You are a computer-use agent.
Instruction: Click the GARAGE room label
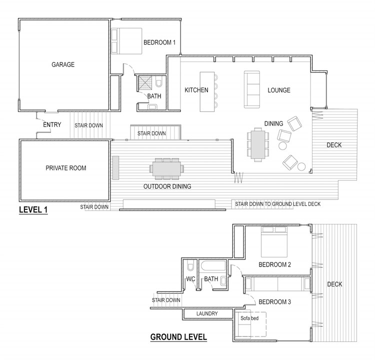tap(63, 64)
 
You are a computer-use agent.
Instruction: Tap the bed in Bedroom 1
tap(126, 41)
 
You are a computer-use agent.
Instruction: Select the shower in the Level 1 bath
tap(145, 83)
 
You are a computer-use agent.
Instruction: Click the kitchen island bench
tap(207, 92)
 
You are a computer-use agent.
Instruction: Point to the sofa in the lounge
tap(252, 89)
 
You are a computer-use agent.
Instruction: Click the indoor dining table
tap(258, 144)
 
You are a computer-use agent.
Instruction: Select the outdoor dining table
tap(166, 169)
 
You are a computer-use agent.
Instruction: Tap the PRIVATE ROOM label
tap(66, 168)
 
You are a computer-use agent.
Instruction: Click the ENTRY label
tap(52, 124)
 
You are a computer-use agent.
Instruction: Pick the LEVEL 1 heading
tap(33, 210)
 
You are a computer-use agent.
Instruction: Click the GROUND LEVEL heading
tap(178, 337)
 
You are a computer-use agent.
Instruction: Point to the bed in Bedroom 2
tap(274, 242)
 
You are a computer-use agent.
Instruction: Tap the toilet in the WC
tap(190, 266)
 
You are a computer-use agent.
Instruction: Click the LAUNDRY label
tap(207, 313)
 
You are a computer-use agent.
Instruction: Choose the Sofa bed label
tap(249, 318)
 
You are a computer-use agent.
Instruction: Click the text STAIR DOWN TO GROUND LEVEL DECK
tap(277, 204)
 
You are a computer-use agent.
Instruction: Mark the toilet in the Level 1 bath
tap(158, 81)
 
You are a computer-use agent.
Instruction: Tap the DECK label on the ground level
tap(334, 284)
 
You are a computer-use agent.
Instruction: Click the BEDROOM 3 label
tap(275, 302)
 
